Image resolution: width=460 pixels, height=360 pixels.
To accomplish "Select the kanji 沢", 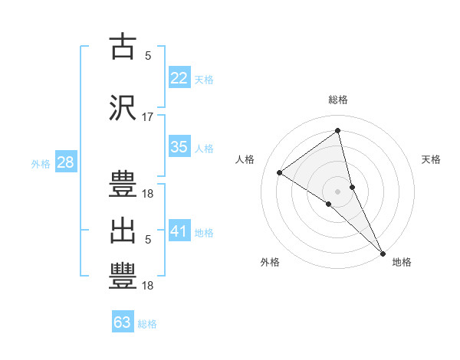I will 123,106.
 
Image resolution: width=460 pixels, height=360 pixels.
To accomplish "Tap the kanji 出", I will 123,231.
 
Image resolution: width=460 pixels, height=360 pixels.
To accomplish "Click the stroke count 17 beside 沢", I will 148,117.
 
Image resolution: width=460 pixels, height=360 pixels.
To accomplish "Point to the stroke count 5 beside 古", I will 148,55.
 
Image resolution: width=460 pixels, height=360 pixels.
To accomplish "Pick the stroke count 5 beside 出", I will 148,241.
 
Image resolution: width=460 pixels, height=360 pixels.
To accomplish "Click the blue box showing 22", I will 179,77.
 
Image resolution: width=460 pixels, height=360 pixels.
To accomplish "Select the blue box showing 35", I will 179,147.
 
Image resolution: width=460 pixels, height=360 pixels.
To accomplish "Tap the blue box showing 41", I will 179,231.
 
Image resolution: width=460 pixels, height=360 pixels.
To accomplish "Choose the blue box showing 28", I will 65,162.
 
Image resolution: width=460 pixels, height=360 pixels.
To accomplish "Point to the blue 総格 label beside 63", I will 147,324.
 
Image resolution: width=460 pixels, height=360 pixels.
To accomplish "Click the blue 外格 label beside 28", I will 41,163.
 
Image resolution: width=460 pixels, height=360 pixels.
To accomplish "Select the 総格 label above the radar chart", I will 338,100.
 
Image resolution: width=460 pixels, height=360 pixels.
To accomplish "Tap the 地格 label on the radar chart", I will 402,262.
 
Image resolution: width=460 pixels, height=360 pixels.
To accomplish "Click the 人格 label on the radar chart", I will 245,159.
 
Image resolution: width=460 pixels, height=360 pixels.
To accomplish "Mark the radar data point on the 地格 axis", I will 383,252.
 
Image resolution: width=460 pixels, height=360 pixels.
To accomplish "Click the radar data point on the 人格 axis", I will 280,172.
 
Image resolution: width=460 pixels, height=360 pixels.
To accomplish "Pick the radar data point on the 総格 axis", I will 338,132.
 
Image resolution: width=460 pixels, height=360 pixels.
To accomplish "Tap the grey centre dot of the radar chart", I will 338,191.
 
